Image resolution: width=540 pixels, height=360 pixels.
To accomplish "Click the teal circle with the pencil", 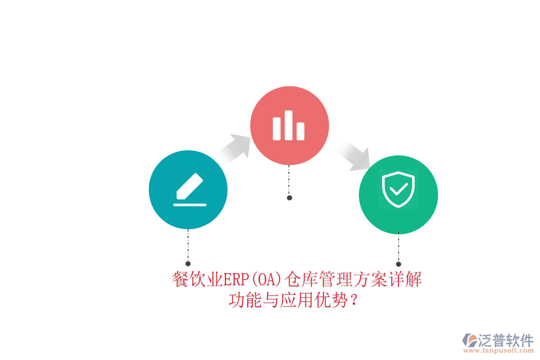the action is click(x=188, y=190).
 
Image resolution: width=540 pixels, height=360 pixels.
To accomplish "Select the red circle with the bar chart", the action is click(x=289, y=125).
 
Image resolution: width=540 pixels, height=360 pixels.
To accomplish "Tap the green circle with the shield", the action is click(x=398, y=194).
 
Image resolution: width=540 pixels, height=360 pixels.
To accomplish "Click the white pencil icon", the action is click(x=190, y=186).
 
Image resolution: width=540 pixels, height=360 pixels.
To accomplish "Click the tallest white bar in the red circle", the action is click(x=288, y=125).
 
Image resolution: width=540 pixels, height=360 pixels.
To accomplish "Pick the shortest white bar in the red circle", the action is click(x=301, y=131).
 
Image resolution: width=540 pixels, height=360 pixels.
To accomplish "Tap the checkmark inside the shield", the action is click(x=398, y=189).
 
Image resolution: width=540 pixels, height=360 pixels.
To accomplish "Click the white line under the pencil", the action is click(x=190, y=205).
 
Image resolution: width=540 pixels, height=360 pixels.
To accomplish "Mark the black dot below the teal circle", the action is click(x=188, y=263).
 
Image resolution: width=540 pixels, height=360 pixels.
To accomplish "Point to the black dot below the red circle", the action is click(x=289, y=198).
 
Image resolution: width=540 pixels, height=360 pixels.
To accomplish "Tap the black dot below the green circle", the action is click(x=398, y=264).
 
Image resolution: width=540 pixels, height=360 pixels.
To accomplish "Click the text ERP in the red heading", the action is click(x=236, y=280).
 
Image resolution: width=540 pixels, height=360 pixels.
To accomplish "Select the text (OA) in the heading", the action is click(x=267, y=280).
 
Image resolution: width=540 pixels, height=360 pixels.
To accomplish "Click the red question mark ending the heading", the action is click(x=353, y=300).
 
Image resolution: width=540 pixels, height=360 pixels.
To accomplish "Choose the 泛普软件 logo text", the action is click(x=506, y=340).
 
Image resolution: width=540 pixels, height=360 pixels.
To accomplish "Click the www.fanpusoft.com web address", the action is click(x=499, y=350).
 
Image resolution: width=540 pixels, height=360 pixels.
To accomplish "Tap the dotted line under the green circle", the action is click(x=398, y=247).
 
